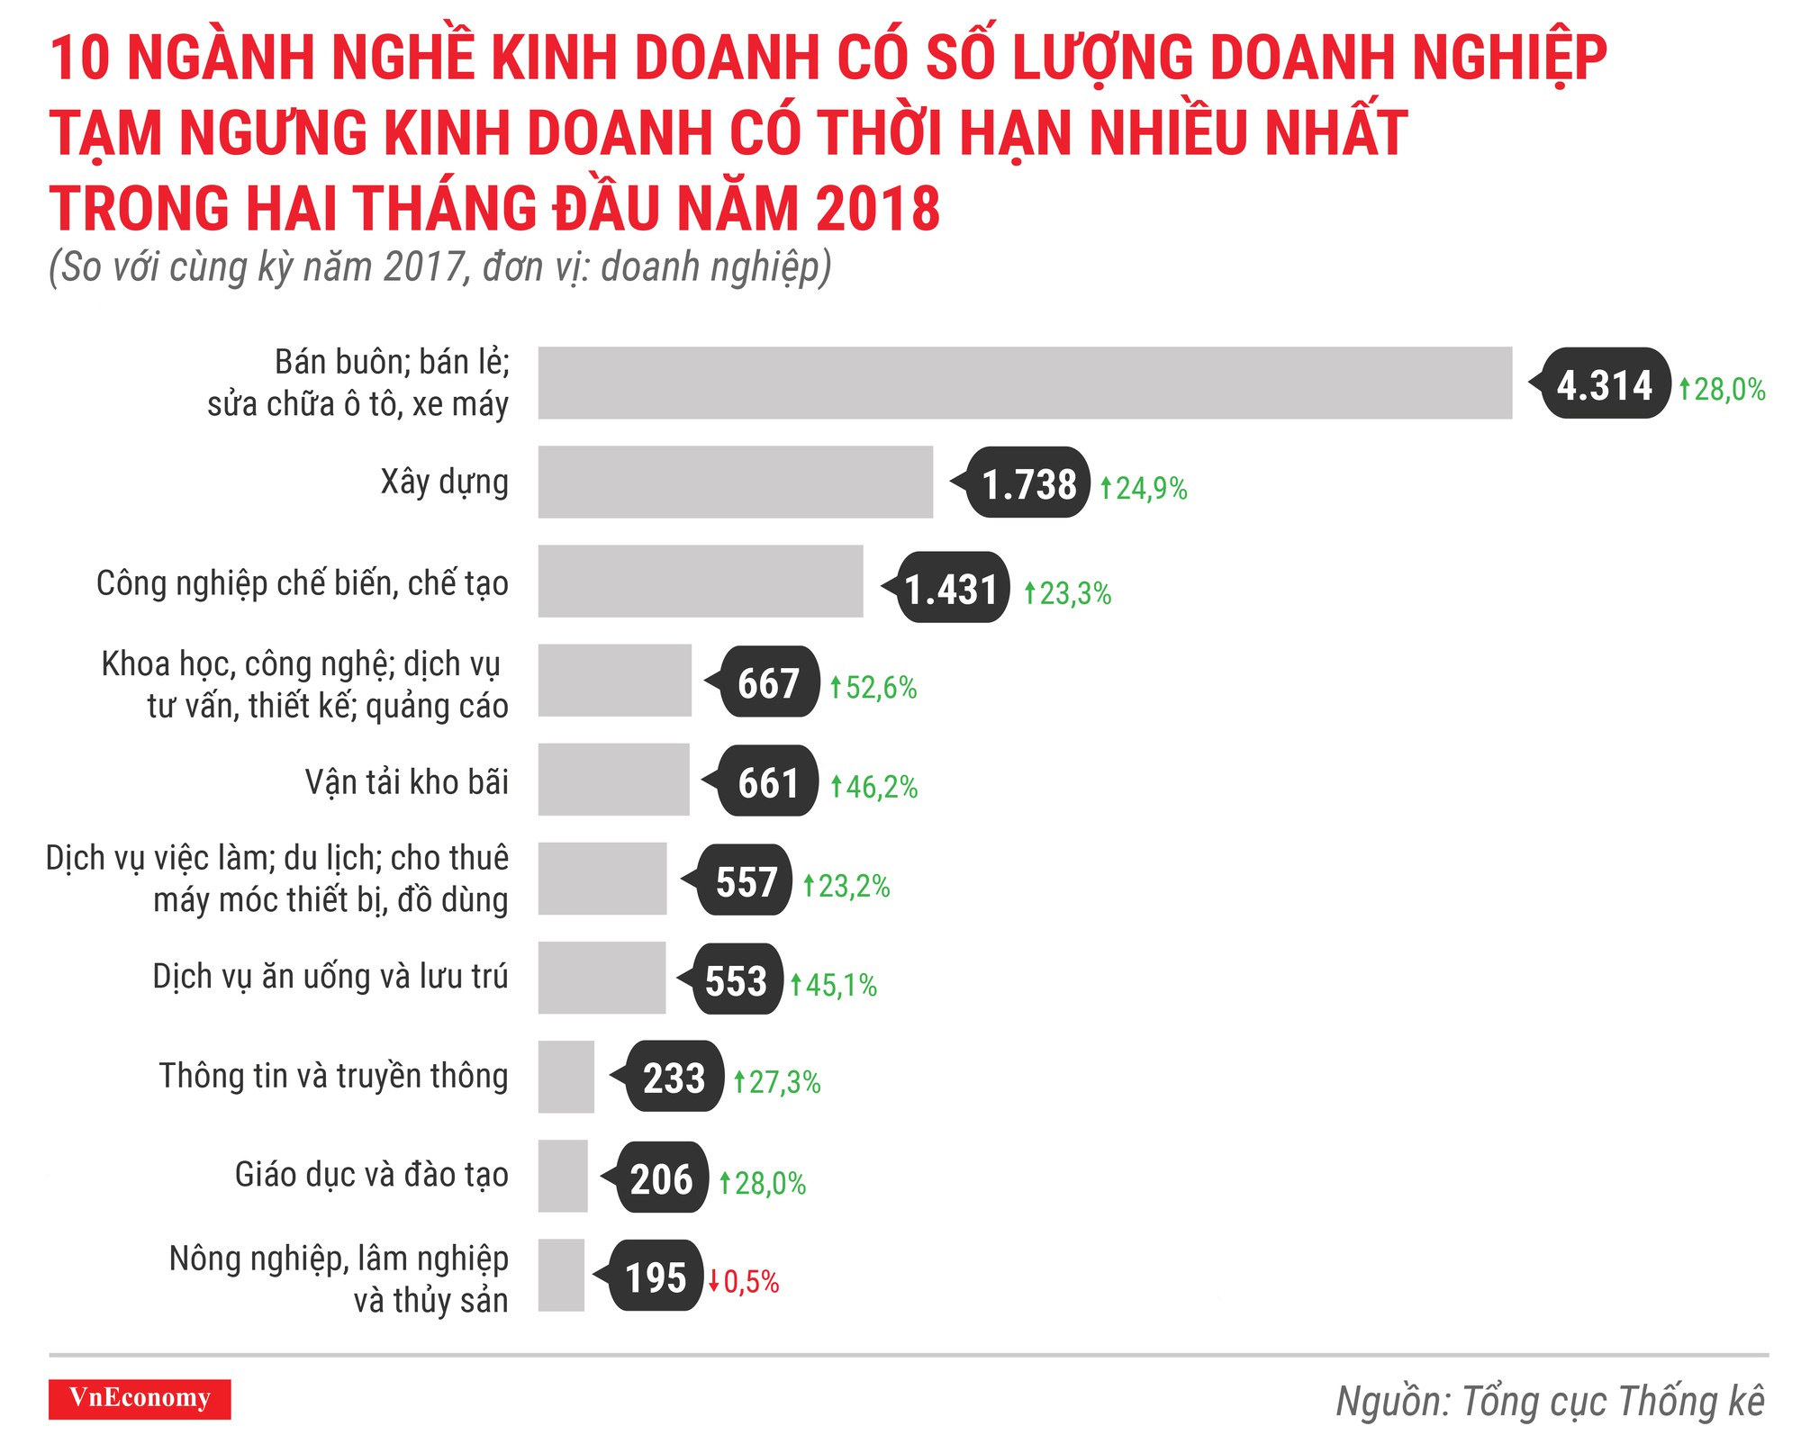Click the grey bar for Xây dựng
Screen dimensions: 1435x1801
pyautogui.click(x=735, y=482)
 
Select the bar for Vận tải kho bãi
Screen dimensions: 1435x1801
pyautogui.click(x=613, y=780)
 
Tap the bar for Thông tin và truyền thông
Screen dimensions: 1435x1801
pyautogui.click(x=566, y=1077)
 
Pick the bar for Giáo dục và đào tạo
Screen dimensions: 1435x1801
pyautogui.click(x=563, y=1176)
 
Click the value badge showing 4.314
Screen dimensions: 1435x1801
pyautogui.click(x=1605, y=384)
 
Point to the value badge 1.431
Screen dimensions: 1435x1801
pyautogui.click(x=952, y=589)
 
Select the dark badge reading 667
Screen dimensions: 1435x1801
pyautogui.click(x=769, y=682)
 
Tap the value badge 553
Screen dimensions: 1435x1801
pyautogui.click(x=737, y=979)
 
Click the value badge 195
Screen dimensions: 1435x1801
pyautogui.click(x=656, y=1277)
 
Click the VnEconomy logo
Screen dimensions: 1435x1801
pyautogui.click(x=140, y=1398)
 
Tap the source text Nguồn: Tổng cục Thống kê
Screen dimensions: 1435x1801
pyautogui.click(x=1549, y=1401)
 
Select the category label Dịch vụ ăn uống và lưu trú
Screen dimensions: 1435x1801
pyautogui.click(x=330, y=977)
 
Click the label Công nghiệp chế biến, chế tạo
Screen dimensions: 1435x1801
pyautogui.click(x=303, y=583)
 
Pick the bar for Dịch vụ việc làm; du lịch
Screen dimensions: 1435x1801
pyautogui.click(x=602, y=879)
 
